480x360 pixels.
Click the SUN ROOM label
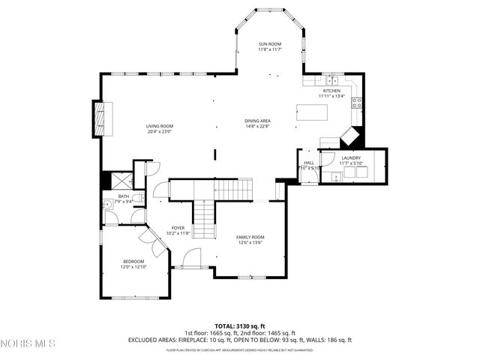coord(269,45)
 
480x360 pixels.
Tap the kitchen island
coord(312,114)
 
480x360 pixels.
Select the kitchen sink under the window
coord(331,79)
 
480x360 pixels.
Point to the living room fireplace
coord(99,118)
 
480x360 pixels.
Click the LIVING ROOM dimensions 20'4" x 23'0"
coord(159,131)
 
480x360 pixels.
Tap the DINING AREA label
coord(257,121)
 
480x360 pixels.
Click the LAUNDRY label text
coord(350,157)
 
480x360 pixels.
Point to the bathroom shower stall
coord(118,180)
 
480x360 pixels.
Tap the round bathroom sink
coord(108,202)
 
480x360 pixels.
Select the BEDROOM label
coord(133,261)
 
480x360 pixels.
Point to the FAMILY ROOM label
coord(250,237)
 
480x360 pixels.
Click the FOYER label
coord(178,228)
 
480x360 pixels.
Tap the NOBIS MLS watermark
coord(28,344)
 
